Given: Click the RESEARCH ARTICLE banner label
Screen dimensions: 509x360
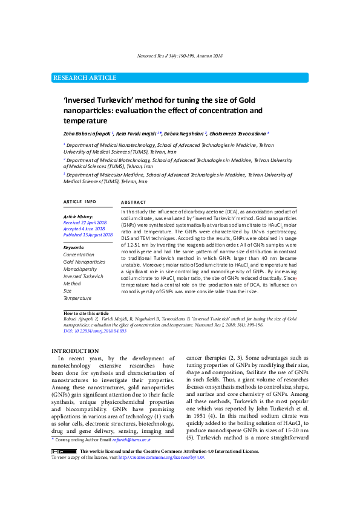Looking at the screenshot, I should pyautogui.click(x=85, y=78).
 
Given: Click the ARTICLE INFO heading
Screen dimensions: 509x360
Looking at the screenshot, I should pyautogui.click(x=80, y=201).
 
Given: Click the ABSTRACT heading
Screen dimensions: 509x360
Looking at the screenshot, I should pyautogui.click(x=134, y=202).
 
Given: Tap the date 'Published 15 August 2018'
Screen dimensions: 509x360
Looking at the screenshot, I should pyautogui.click(x=88, y=235).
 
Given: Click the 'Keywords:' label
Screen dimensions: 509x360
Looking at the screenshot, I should pyautogui.click(x=74, y=248).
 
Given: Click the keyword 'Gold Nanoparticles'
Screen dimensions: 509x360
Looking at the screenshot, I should pyautogui.click(x=84, y=262).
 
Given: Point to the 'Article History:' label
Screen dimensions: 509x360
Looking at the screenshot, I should pyautogui.click(x=79, y=216).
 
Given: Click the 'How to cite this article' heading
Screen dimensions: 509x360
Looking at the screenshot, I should pyautogui.click(x=86, y=313).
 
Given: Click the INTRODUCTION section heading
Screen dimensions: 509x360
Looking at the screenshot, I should pyautogui.click(x=75, y=351).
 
